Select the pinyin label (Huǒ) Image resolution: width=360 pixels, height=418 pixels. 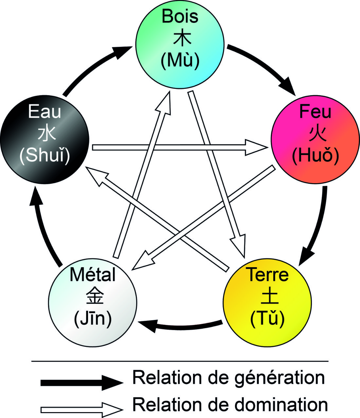[x=315, y=156]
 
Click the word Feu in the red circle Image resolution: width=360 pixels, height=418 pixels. [x=315, y=112]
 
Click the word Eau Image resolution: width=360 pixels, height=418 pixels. [x=45, y=112]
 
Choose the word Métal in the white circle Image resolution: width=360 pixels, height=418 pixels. [x=93, y=275]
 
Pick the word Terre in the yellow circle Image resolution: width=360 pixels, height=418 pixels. [x=268, y=275]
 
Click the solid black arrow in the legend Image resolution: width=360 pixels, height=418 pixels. [x=82, y=382]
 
